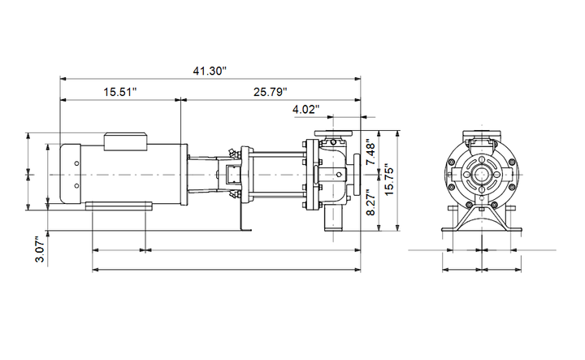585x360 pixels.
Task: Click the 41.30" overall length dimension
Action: click(x=210, y=71)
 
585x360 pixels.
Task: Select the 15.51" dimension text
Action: click(x=120, y=92)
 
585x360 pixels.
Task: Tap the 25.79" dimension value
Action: click(x=271, y=92)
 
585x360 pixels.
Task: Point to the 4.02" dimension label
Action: click(x=306, y=110)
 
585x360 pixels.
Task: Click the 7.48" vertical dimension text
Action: click(x=370, y=152)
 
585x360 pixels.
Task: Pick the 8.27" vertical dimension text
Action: click(x=370, y=202)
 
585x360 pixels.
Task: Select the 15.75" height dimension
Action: click(x=389, y=180)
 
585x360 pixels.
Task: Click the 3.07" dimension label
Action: click(x=40, y=249)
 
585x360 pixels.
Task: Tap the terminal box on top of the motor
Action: click(x=125, y=141)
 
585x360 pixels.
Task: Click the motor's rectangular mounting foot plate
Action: click(x=119, y=206)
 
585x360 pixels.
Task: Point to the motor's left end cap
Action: click(x=71, y=174)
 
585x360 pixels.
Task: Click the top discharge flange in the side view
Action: click(x=333, y=133)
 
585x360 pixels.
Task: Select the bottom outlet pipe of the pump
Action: click(x=333, y=218)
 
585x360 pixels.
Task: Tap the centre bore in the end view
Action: click(x=481, y=175)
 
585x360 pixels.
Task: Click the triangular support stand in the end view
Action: click(x=482, y=217)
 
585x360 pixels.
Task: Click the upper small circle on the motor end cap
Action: click(x=76, y=163)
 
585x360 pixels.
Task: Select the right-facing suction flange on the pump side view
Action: click(x=357, y=175)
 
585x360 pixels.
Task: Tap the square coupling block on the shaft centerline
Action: click(x=232, y=175)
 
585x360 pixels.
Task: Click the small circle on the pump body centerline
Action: click(x=339, y=174)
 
